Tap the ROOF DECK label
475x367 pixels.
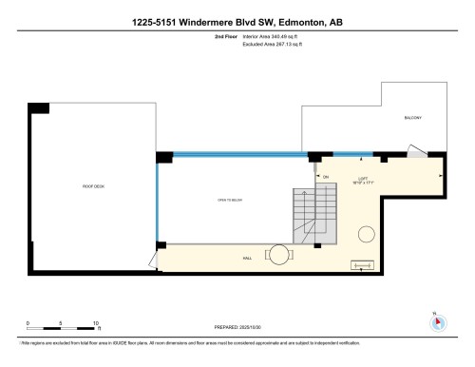pos(93,185)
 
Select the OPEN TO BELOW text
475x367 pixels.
pos(230,201)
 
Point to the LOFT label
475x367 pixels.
pos(362,178)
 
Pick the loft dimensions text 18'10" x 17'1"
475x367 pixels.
pos(362,183)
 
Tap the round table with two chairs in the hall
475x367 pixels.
pos(277,254)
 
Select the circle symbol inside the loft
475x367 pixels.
pos(365,234)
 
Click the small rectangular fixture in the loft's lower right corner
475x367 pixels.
pos(363,265)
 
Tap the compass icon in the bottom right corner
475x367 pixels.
pos(436,320)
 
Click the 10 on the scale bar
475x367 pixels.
pos(97,323)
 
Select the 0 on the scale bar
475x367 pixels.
pos(28,323)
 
